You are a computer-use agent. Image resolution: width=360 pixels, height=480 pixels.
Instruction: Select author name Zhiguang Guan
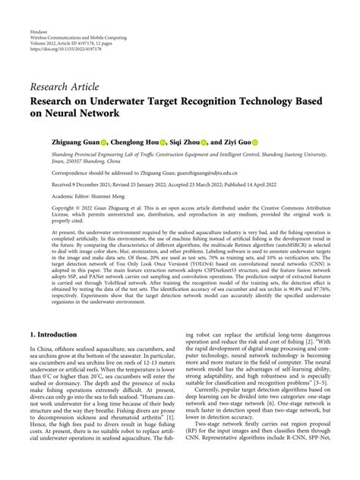(74, 141)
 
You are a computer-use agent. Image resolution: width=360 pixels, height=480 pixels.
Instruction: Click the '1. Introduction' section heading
(59, 334)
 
